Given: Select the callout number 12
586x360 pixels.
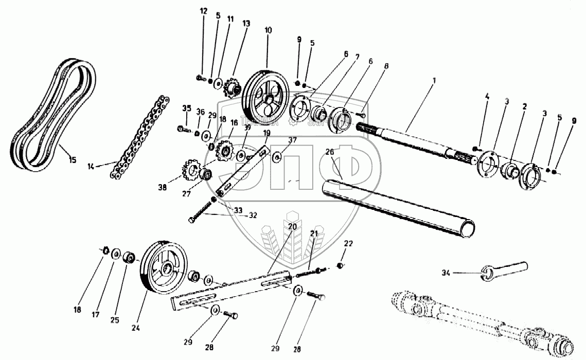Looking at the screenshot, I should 204,11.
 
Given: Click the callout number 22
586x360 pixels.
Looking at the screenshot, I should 348,243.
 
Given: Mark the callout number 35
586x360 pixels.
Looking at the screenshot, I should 187,107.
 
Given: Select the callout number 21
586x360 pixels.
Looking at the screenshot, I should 313,234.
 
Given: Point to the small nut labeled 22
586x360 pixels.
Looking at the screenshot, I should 340,265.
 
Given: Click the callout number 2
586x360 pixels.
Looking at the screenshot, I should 524,107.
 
